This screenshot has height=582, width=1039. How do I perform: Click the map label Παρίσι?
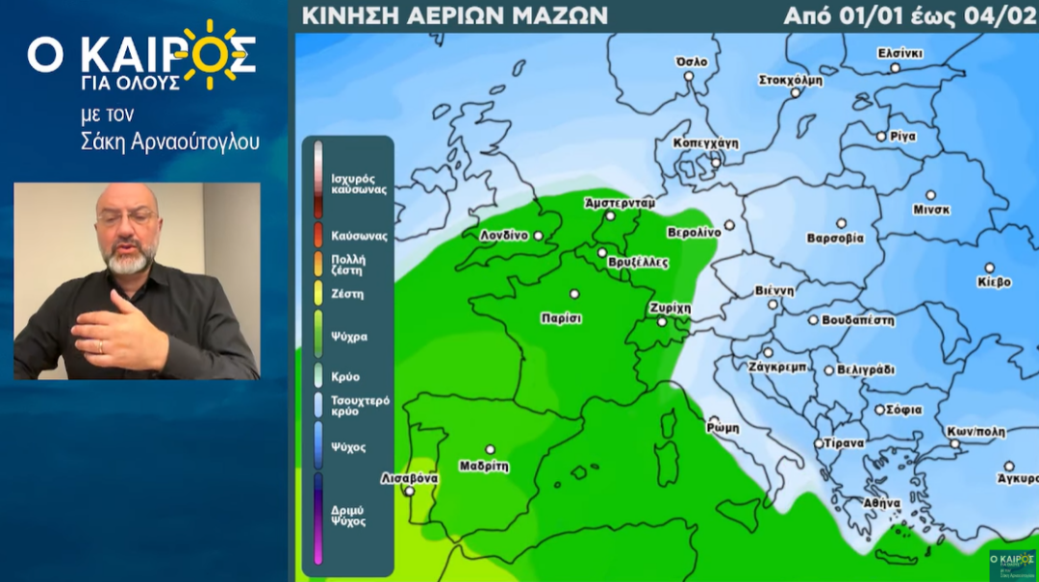coord(561,318)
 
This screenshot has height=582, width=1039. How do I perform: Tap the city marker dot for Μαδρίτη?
coord(490,449)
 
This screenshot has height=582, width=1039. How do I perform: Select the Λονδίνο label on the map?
coord(504,236)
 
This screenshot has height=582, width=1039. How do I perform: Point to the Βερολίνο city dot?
coord(729,225)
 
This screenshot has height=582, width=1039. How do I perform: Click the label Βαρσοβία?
coord(835,238)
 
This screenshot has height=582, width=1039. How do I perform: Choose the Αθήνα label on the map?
coord(881,502)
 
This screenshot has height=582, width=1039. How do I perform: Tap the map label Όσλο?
coord(692,62)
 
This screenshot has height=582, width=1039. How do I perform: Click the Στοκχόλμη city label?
coord(791,80)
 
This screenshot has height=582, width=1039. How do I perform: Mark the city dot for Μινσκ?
coord(930,194)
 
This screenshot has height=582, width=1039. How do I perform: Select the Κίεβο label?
coord(994,282)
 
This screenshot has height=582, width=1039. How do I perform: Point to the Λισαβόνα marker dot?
coord(410,491)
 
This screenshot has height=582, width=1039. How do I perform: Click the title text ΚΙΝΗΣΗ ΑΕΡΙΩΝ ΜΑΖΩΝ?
coord(454,15)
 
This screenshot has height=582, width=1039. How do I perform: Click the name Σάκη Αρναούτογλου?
coord(170,142)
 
